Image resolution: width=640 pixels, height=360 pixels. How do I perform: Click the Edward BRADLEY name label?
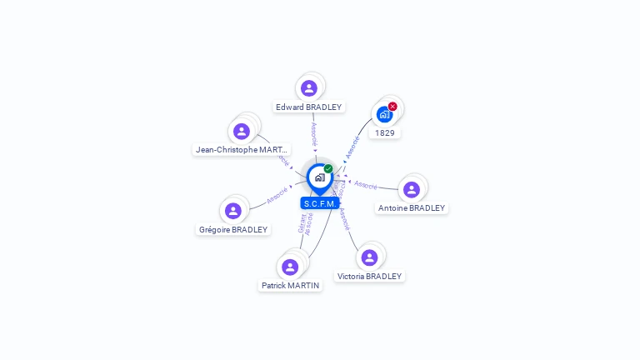click(309, 107)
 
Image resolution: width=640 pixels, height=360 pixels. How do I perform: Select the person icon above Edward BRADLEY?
click(309, 87)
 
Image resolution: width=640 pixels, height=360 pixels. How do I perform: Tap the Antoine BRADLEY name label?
click(412, 208)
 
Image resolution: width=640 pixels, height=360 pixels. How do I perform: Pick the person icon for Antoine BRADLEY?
click(412, 189)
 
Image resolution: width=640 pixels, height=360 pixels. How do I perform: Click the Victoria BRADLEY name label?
click(369, 277)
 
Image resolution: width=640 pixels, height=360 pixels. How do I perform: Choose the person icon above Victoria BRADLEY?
click(369, 257)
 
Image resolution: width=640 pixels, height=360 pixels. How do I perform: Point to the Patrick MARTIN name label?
click(290, 286)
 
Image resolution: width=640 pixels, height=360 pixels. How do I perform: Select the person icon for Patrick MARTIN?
click(290, 267)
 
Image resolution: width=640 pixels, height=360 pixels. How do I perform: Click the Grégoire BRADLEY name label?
click(233, 230)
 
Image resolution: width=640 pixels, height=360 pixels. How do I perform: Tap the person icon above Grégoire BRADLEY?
click(233, 211)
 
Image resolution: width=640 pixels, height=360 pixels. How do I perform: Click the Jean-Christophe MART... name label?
click(242, 150)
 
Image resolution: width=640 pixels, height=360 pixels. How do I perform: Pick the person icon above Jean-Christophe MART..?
click(242, 131)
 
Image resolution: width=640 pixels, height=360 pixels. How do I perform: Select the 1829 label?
click(384, 133)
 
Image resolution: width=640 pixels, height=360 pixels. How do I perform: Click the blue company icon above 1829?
click(383, 114)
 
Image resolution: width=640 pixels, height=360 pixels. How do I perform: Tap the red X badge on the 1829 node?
click(392, 107)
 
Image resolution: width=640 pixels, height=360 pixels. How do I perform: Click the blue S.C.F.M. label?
click(320, 203)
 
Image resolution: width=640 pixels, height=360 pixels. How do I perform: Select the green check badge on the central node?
click(328, 169)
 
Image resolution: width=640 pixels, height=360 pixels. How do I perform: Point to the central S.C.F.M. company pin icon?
click(319, 177)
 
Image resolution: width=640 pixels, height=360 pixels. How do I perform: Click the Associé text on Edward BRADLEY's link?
click(313, 134)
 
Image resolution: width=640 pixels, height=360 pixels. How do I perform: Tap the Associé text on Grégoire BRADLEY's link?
click(277, 197)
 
